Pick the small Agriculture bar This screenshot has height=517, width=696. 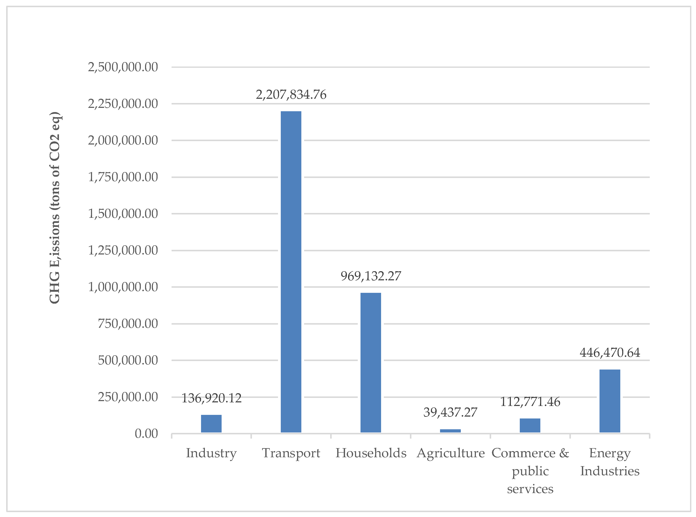(x=450, y=431)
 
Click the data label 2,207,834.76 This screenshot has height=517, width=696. (x=291, y=95)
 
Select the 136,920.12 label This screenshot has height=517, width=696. (x=211, y=398)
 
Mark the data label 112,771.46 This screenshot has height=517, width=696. (x=530, y=402)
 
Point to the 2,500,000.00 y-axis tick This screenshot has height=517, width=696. (x=123, y=67)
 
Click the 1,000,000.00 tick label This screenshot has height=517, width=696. (x=123, y=287)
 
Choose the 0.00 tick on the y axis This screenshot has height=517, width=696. (x=146, y=434)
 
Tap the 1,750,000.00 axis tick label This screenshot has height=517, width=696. (x=123, y=177)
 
